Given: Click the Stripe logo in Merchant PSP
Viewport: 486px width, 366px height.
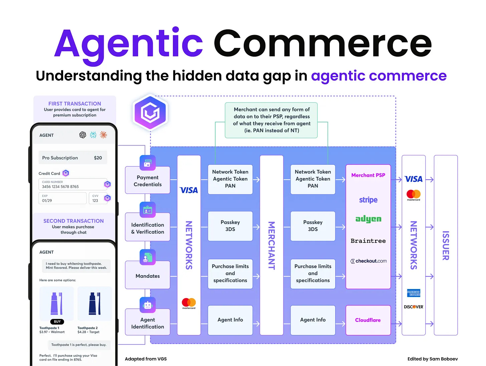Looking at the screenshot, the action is [368, 200].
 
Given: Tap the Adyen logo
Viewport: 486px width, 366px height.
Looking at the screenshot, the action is [368, 219].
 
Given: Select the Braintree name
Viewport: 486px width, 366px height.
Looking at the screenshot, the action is [368, 241].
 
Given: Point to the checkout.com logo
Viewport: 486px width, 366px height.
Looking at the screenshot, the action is [369, 261].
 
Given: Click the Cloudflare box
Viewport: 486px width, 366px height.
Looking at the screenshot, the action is [368, 320].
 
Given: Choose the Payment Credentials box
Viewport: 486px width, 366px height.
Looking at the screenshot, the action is [148, 181].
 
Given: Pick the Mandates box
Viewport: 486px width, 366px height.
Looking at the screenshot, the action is [148, 276].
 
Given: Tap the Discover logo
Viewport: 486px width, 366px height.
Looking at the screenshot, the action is [414, 307].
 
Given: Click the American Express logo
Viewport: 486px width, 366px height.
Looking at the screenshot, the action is [414, 293].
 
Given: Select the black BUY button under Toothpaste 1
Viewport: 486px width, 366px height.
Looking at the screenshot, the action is [57, 322].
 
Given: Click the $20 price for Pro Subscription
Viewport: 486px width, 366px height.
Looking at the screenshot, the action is [98, 158].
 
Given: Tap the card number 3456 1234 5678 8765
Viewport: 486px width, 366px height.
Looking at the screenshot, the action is [60, 187].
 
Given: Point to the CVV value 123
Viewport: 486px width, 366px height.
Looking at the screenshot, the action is [95, 201].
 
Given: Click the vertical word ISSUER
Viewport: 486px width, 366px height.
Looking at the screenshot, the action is [446, 245].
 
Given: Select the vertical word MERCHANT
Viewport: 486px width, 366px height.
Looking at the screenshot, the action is [272, 245].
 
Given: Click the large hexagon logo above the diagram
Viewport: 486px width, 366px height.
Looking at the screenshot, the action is [150, 112].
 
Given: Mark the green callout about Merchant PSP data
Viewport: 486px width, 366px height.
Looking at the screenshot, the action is [271, 120].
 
